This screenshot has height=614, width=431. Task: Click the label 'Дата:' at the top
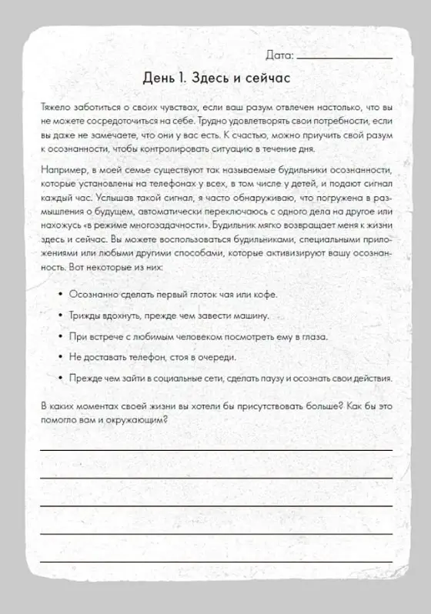279,55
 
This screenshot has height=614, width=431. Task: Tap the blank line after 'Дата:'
343,58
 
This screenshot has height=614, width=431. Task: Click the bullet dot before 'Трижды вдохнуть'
60,315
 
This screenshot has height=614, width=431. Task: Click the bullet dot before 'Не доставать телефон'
60,357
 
